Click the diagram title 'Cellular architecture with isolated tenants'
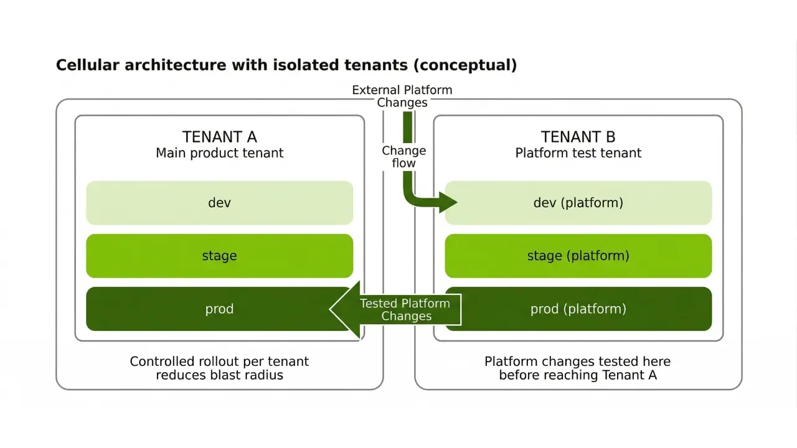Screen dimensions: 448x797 pyautogui.click(x=286, y=65)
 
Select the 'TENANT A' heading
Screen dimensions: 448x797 pyautogui.click(x=219, y=137)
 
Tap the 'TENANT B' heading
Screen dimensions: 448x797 pyautogui.click(x=578, y=137)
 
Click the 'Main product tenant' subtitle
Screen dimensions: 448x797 pyautogui.click(x=219, y=153)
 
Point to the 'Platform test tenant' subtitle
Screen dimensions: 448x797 pyautogui.click(x=578, y=153)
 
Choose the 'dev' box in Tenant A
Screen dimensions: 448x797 pyautogui.click(x=219, y=203)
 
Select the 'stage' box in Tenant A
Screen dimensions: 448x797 pyautogui.click(x=219, y=256)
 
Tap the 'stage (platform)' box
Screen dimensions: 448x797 pyautogui.click(x=578, y=256)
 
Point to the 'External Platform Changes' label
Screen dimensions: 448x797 pyautogui.click(x=402, y=96)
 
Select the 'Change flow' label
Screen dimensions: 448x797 pyautogui.click(x=403, y=157)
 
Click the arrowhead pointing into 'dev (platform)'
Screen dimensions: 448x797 pyautogui.click(x=449, y=202)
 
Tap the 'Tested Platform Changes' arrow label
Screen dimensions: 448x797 pyautogui.click(x=405, y=309)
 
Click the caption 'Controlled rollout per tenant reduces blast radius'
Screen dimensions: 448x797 pyautogui.click(x=219, y=368)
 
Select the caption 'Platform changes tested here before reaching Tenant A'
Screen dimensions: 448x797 pyautogui.click(x=578, y=368)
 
